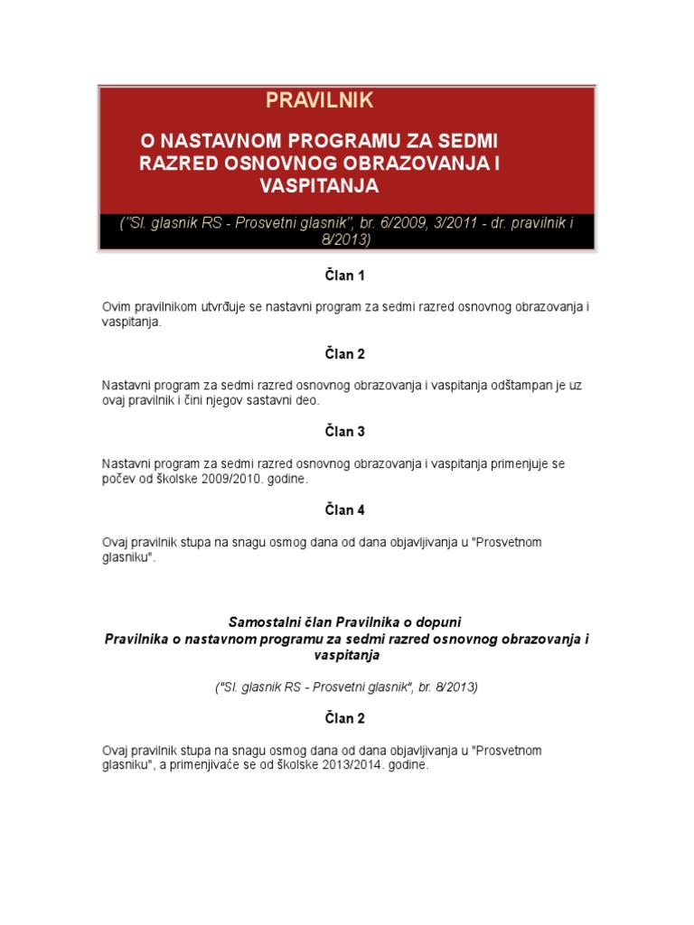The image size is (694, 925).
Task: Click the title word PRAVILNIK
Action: click(x=319, y=100)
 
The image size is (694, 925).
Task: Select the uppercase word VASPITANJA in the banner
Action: click(x=319, y=186)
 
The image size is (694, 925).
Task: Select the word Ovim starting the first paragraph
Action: click(x=117, y=307)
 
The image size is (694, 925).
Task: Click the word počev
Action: click(x=118, y=479)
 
